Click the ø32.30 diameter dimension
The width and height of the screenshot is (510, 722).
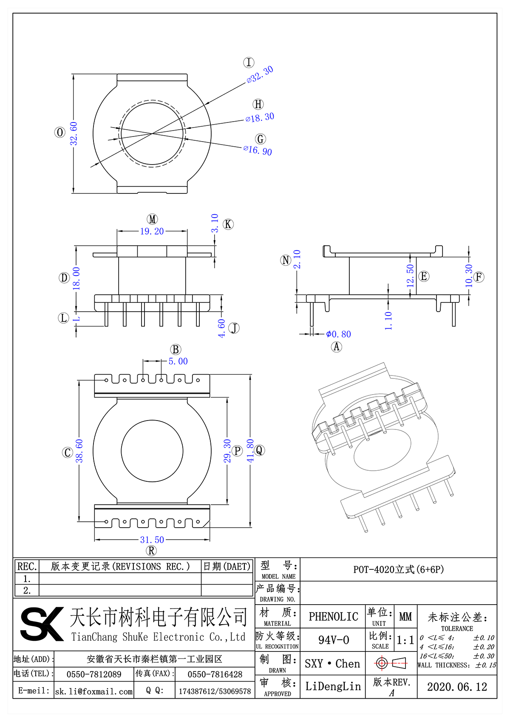260,74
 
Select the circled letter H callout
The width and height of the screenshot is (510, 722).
258,104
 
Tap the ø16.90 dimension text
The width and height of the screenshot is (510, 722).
258,151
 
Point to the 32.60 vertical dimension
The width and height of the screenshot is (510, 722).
74,134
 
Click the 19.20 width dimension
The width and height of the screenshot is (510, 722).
152,231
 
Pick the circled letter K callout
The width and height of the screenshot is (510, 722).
228,225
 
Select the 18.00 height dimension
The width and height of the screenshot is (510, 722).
76,279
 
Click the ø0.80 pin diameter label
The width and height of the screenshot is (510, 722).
338,334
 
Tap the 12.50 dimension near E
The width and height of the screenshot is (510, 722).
410,276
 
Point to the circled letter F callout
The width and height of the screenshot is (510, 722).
479,277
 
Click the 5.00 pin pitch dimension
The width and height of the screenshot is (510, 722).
178,361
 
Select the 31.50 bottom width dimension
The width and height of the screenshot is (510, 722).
152,540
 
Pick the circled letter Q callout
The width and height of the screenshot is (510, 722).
259,450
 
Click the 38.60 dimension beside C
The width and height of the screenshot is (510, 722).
79,451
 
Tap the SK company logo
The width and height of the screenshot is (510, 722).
42,624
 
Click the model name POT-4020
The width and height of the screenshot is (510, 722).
398,569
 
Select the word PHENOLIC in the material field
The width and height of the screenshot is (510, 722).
333,617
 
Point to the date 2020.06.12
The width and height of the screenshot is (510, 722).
457,687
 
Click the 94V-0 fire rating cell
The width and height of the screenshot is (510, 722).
333,640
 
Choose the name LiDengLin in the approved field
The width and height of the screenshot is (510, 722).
333,686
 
